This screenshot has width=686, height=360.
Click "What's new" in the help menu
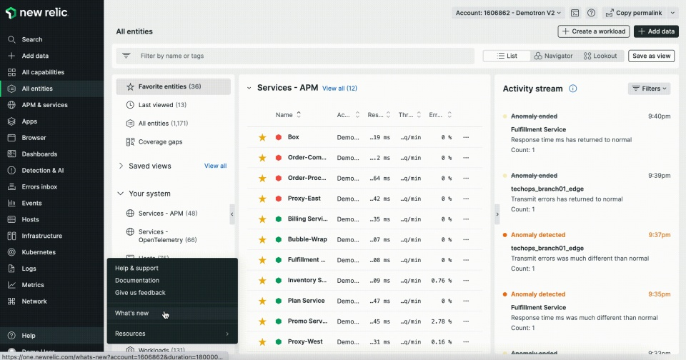click(132, 313)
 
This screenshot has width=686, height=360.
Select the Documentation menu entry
click(137, 280)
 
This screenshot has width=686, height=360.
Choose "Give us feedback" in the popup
click(140, 292)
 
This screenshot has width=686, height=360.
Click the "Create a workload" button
click(593, 31)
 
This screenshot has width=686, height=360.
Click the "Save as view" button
click(651, 56)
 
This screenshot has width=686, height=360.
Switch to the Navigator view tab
click(553, 56)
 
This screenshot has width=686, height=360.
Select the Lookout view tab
click(600, 56)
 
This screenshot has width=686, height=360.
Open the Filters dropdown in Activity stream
click(649, 89)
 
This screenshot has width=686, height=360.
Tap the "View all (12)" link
click(339, 88)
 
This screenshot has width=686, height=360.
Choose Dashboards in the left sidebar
click(39, 154)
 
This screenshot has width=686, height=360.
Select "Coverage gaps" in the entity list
click(160, 141)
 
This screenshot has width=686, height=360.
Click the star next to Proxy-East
click(262, 199)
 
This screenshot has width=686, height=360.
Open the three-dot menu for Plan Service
click(466, 301)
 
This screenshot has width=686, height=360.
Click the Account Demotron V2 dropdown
click(508, 13)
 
